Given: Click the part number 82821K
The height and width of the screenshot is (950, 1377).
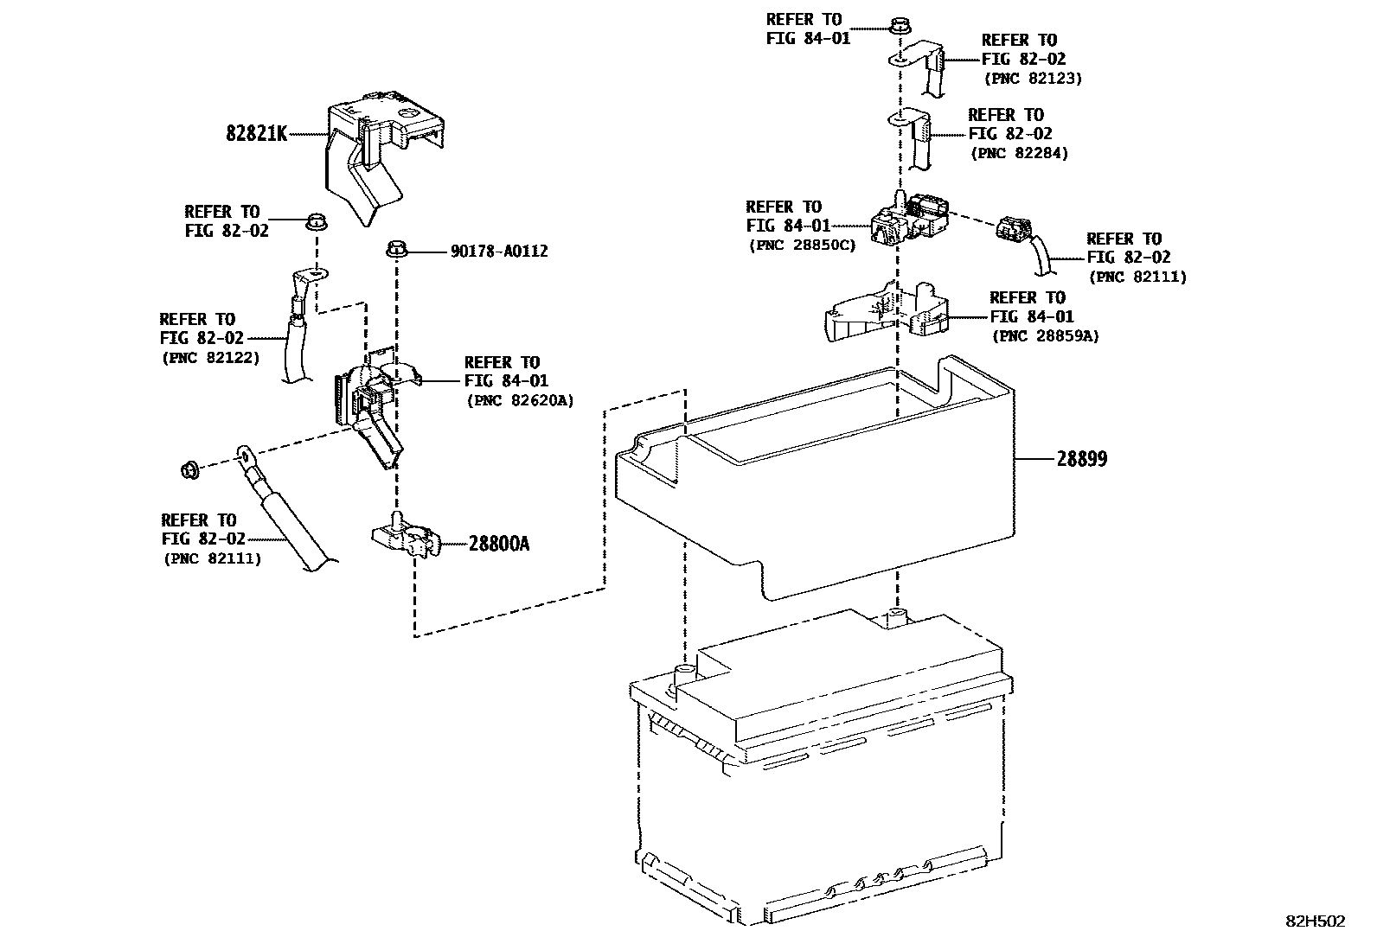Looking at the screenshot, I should coord(256,134).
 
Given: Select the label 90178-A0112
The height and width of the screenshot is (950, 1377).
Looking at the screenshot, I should coord(499,252).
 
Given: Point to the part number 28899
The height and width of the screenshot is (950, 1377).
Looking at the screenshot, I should coord(1081,459).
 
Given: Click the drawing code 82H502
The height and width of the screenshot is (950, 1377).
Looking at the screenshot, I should coord(1315,921).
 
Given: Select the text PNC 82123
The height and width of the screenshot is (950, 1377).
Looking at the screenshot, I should coord(1033,79).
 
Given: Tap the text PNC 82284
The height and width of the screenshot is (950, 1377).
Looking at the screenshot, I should coord(1019,154).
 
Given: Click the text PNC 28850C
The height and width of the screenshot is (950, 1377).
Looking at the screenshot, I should coord(802,245).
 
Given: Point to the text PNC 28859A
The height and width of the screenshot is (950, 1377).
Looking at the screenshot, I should coord(1045,336).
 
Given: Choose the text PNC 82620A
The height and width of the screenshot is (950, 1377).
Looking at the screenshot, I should coord(520,400).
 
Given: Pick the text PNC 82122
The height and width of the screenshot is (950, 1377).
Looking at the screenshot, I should coord(210,357).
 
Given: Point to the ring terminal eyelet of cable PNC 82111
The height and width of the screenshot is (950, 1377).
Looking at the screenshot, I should coord(245,453).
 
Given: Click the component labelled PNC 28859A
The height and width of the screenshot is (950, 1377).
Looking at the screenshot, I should coord(887,313).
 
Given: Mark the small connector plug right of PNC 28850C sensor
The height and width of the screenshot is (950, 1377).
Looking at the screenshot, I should coord(1013,228).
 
